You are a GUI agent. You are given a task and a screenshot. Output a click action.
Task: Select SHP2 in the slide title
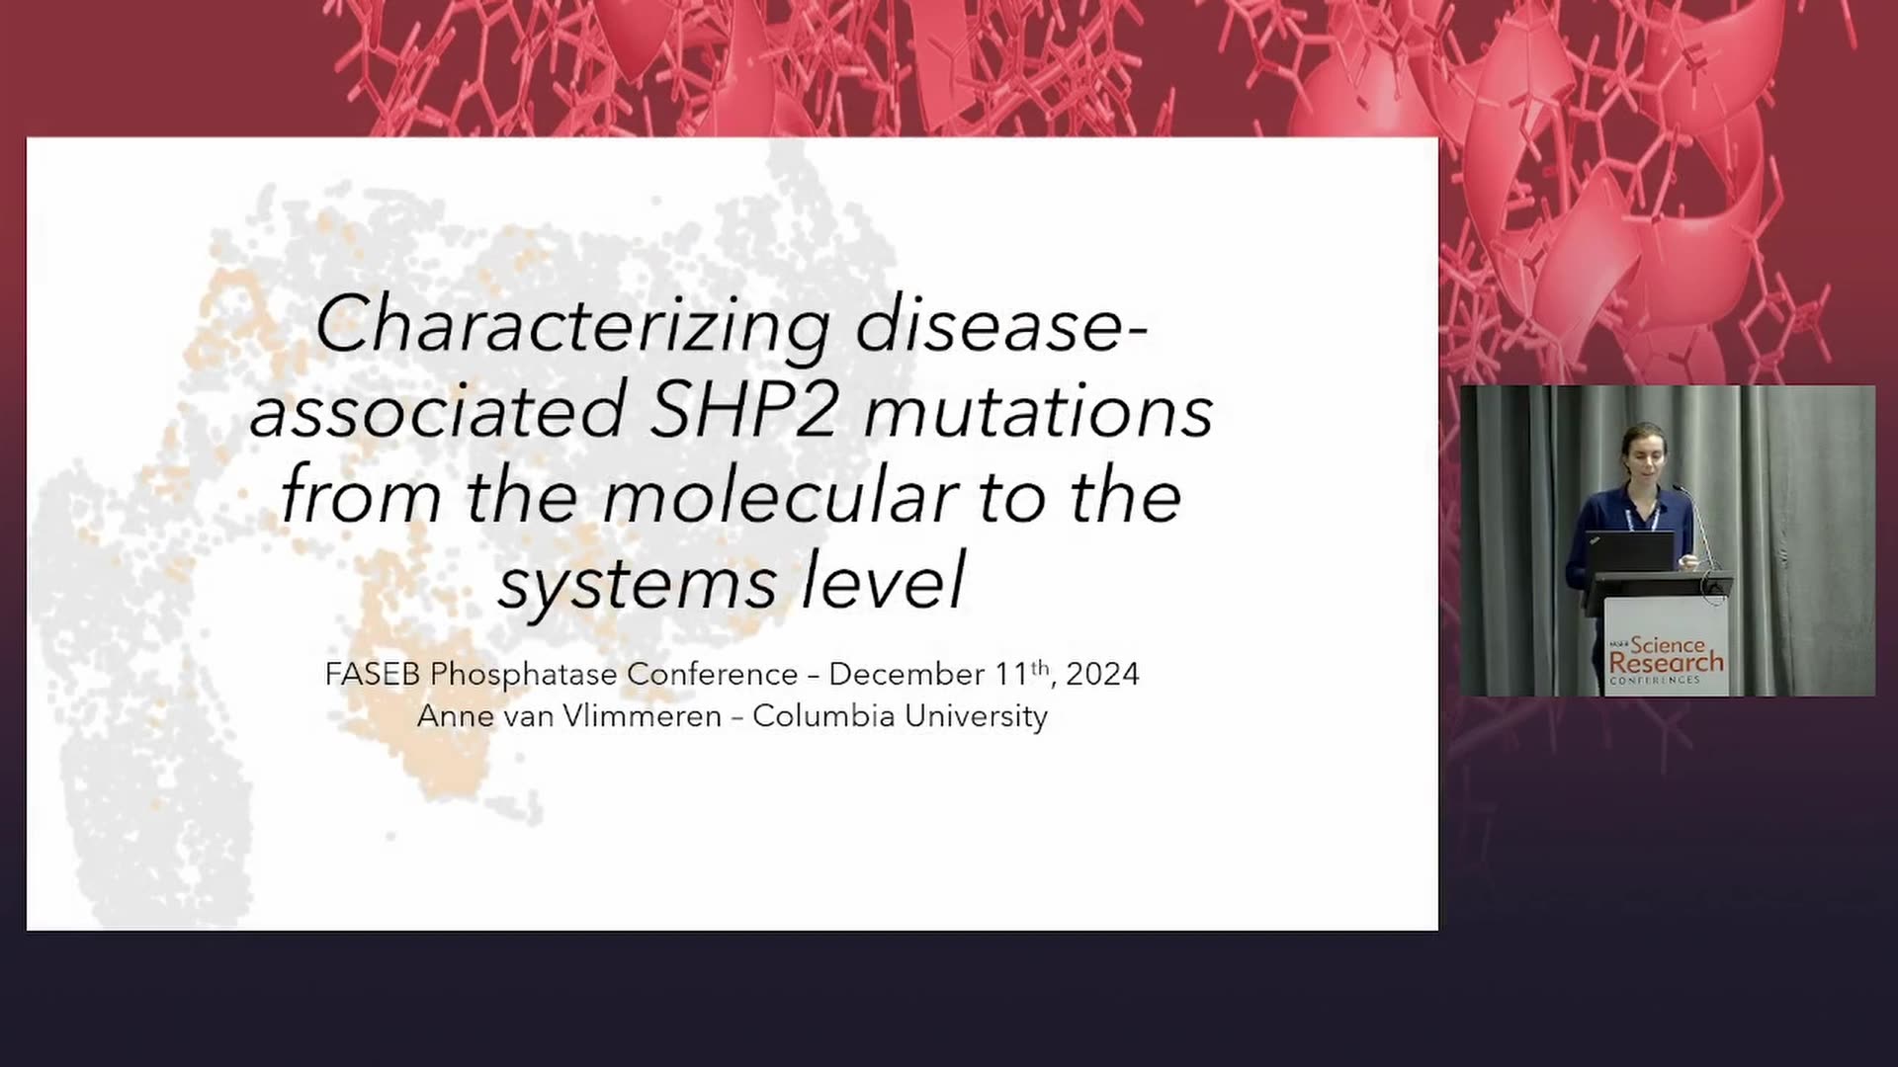(743, 410)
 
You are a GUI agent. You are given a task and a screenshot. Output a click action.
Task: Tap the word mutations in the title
(1039, 411)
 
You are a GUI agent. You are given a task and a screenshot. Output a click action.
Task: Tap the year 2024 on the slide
(1102, 674)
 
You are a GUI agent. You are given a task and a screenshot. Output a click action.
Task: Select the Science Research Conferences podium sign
(1667, 646)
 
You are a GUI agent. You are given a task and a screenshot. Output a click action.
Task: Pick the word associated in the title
(437, 411)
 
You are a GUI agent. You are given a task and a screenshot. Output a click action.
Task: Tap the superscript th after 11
(1040, 667)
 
